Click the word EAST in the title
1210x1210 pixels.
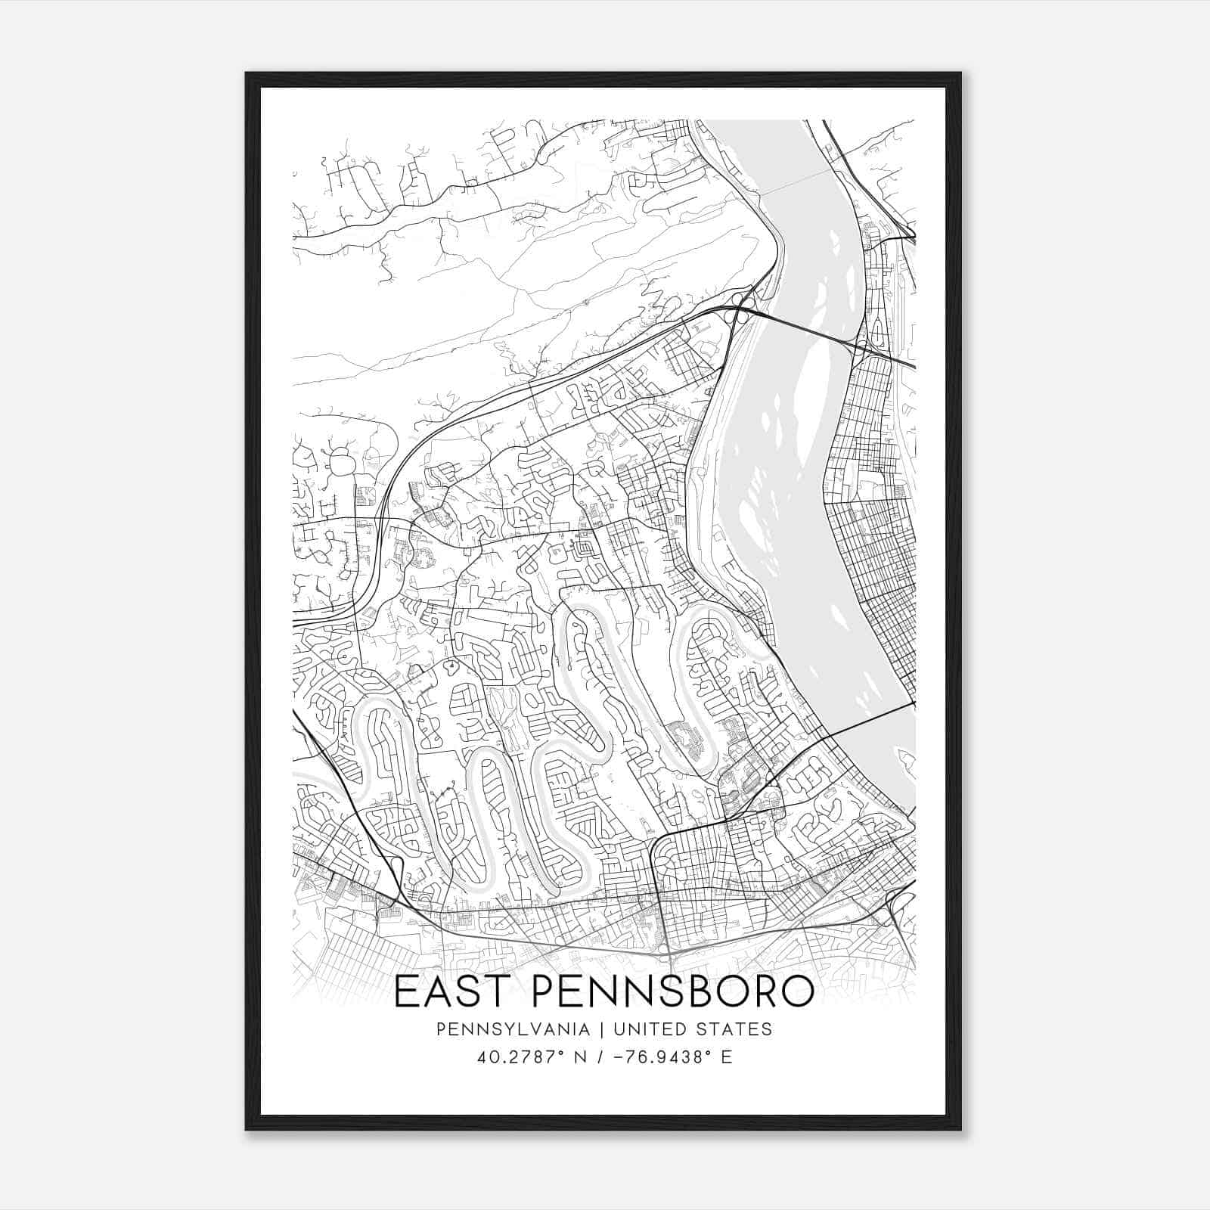(x=451, y=992)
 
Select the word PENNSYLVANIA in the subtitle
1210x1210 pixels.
(x=502, y=1029)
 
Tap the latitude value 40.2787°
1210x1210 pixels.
(x=517, y=1057)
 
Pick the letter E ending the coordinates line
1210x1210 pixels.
(x=727, y=1057)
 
